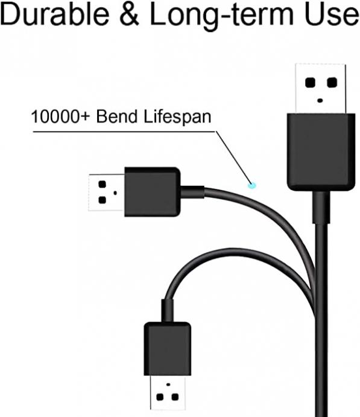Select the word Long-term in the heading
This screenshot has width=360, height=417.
(x=221, y=16)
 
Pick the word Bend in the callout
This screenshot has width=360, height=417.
(x=116, y=116)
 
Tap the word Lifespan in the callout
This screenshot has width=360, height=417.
(x=177, y=117)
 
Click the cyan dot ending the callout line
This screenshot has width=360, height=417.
(x=251, y=185)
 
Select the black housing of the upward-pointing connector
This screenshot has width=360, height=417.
(x=321, y=152)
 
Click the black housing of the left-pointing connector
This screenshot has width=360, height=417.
(x=153, y=192)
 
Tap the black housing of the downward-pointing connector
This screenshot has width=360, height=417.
(x=168, y=349)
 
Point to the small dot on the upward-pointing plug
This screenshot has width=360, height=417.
(x=320, y=101)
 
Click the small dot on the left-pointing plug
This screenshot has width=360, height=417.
(x=115, y=193)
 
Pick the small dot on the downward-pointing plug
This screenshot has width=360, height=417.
(x=168, y=384)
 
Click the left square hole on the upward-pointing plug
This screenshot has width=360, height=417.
(x=310, y=83)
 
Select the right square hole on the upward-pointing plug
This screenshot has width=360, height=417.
(x=332, y=83)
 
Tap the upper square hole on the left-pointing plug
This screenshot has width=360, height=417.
(x=103, y=184)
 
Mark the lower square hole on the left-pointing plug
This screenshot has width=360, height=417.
(x=103, y=200)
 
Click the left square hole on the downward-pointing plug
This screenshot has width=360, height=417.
(x=160, y=397)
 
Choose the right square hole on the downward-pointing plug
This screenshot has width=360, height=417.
(x=175, y=397)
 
